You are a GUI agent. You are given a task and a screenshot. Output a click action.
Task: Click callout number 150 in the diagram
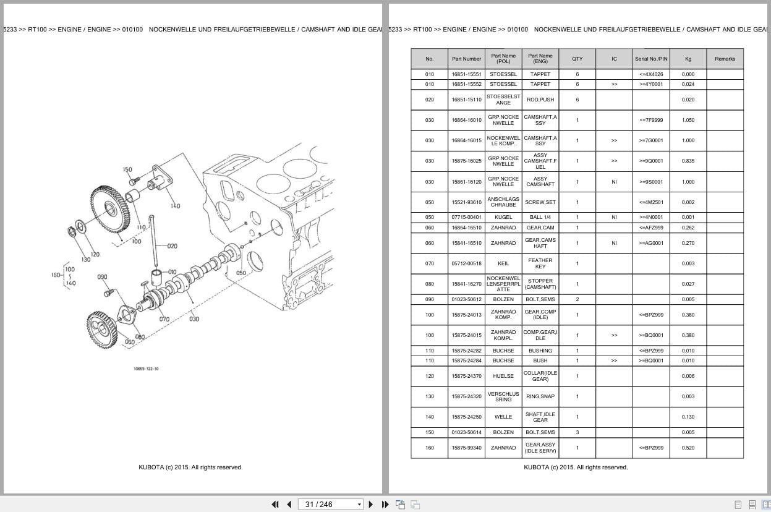[x=127, y=169]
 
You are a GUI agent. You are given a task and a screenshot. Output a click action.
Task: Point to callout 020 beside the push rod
[x=172, y=246]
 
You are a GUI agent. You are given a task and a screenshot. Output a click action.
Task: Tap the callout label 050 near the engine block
[x=241, y=273]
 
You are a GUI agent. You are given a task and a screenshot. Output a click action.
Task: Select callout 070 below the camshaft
[x=164, y=319]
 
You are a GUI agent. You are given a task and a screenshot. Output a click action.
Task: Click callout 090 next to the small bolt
[x=103, y=277]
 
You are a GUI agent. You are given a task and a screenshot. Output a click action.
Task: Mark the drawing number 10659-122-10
[x=146, y=369]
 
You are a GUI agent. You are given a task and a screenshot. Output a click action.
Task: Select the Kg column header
[x=688, y=59]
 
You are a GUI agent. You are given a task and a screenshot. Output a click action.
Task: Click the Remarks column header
[x=725, y=59]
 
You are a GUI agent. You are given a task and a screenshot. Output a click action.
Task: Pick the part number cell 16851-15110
[x=466, y=100]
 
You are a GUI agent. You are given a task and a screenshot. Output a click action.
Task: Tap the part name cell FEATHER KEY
[x=540, y=263]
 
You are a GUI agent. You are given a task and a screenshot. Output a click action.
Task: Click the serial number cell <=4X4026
[x=651, y=74]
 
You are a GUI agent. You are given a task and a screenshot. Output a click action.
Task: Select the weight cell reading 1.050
[x=688, y=120]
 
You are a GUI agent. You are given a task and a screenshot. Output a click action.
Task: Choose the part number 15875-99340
[x=466, y=448]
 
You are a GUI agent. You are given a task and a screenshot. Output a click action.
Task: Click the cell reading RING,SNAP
[x=540, y=396]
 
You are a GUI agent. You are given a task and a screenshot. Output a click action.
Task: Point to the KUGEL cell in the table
[x=503, y=217]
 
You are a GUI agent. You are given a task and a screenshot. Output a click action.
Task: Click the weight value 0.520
[x=688, y=448]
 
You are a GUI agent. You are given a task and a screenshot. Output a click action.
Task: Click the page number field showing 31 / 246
[x=330, y=504]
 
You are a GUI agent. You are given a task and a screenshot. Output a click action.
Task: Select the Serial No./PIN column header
[x=651, y=59]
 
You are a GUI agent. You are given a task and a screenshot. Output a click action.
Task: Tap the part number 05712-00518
[x=466, y=263]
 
